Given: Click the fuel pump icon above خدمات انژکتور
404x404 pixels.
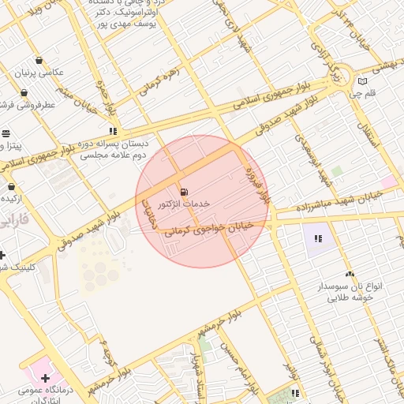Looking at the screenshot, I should pos(184,192).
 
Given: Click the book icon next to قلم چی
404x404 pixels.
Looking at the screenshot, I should pos(362,80).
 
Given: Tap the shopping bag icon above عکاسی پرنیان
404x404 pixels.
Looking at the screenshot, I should pos(39,61).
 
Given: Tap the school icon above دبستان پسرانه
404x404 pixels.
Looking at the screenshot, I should pos(113,132).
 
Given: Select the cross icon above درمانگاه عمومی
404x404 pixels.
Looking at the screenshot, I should pos(45,378).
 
